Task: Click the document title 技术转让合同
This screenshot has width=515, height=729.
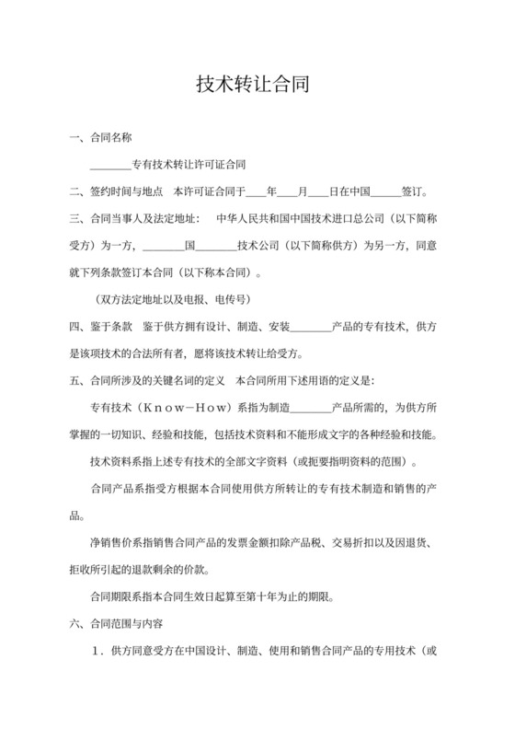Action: (257, 86)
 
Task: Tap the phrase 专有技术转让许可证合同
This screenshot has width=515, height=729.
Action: (189, 167)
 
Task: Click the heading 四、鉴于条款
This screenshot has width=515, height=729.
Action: (103, 327)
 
